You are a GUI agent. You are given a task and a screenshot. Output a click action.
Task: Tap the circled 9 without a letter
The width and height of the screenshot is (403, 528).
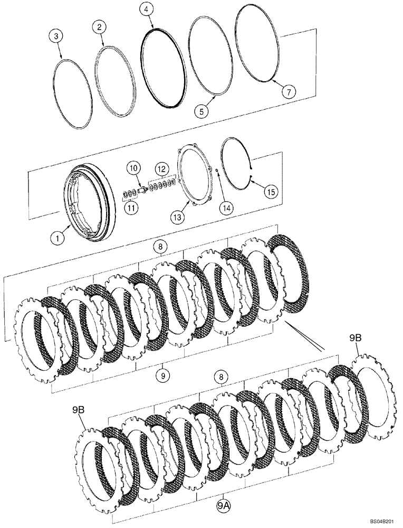[x=164, y=375]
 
